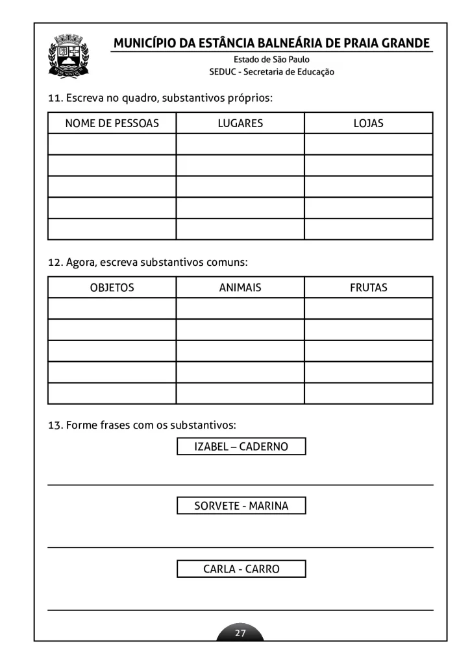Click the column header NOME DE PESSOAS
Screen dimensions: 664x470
pyautogui.click(x=112, y=123)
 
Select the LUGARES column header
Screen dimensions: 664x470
pyautogui.click(x=240, y=123)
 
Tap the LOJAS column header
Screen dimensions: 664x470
pyautogui.click(x=368, y=123)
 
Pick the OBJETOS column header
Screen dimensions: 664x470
pyautogui.click(x=112, y=287)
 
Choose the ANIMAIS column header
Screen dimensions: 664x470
pyautogui.click(x=240, y=287)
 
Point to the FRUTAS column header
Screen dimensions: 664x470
pyautogui.click(x=368, y=287)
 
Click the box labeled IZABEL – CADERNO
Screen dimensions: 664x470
pyautogui.click(x=241, y=447)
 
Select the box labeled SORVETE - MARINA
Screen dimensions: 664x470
pyautogui.click(x=241, y=506)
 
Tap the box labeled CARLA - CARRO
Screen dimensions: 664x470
pyautogui.click(x=241, y=569)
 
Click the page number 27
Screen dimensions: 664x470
pyautogui.click(x=240, y=633)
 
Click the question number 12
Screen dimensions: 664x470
pyautogui.click(x=55, y=263)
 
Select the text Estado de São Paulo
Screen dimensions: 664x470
pyautogui.click(x=267, y=60)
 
